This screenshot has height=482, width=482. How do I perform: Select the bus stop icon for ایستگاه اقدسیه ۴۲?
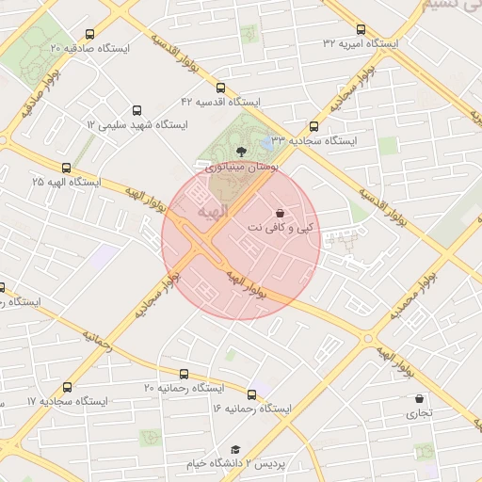pos(221,86)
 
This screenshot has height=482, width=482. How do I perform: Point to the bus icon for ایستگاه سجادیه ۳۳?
pos(314,126)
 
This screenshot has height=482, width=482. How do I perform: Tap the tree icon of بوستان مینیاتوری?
pos(241,151)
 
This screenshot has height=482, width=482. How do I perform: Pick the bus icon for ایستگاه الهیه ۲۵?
pos(67,166)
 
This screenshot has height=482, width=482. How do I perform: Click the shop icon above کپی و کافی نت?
pos(283,213)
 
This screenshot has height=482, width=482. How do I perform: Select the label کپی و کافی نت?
pos(283,228)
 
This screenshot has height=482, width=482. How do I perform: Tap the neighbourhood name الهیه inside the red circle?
pos(209,213)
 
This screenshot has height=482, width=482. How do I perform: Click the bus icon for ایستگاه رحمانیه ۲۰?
pos(184,374)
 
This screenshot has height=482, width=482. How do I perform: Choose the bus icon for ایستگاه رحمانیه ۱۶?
pos(251,394)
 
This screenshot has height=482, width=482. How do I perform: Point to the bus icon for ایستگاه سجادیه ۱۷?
pos(67,387)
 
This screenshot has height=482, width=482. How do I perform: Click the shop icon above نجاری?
pos(419,398)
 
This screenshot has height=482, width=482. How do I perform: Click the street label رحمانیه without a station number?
pos(97,340)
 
